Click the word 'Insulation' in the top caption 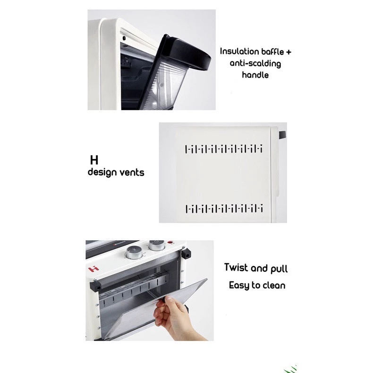pos(239,51)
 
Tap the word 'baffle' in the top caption pos(272,51)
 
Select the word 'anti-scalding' pos(255,64)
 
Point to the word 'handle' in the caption pos(255,75)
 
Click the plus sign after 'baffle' pos(288,52)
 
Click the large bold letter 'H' pos(94,160)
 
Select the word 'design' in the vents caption pos(102,172)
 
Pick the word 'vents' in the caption pos(132,172)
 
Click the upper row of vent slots pos(224,149)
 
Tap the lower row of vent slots pos(224,209)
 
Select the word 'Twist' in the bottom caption pos(236,267)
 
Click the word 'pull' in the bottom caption pos(279,269)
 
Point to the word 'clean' pos(273,285)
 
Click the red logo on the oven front pos(94,269)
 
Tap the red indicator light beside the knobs pos(170,242)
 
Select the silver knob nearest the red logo pos(134,253)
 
